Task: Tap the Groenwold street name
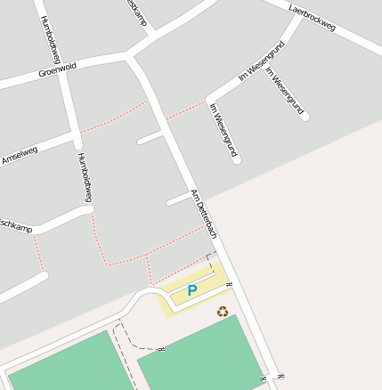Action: pos(57,69)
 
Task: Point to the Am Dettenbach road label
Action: pos(204,215)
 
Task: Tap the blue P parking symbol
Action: pos(192,290)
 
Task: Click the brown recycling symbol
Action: pos(223,311)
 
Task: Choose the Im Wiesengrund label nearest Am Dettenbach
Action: pos(222,128)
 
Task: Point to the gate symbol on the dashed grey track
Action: pos(160,349)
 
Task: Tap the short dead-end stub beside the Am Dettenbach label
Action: pos(178,199)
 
